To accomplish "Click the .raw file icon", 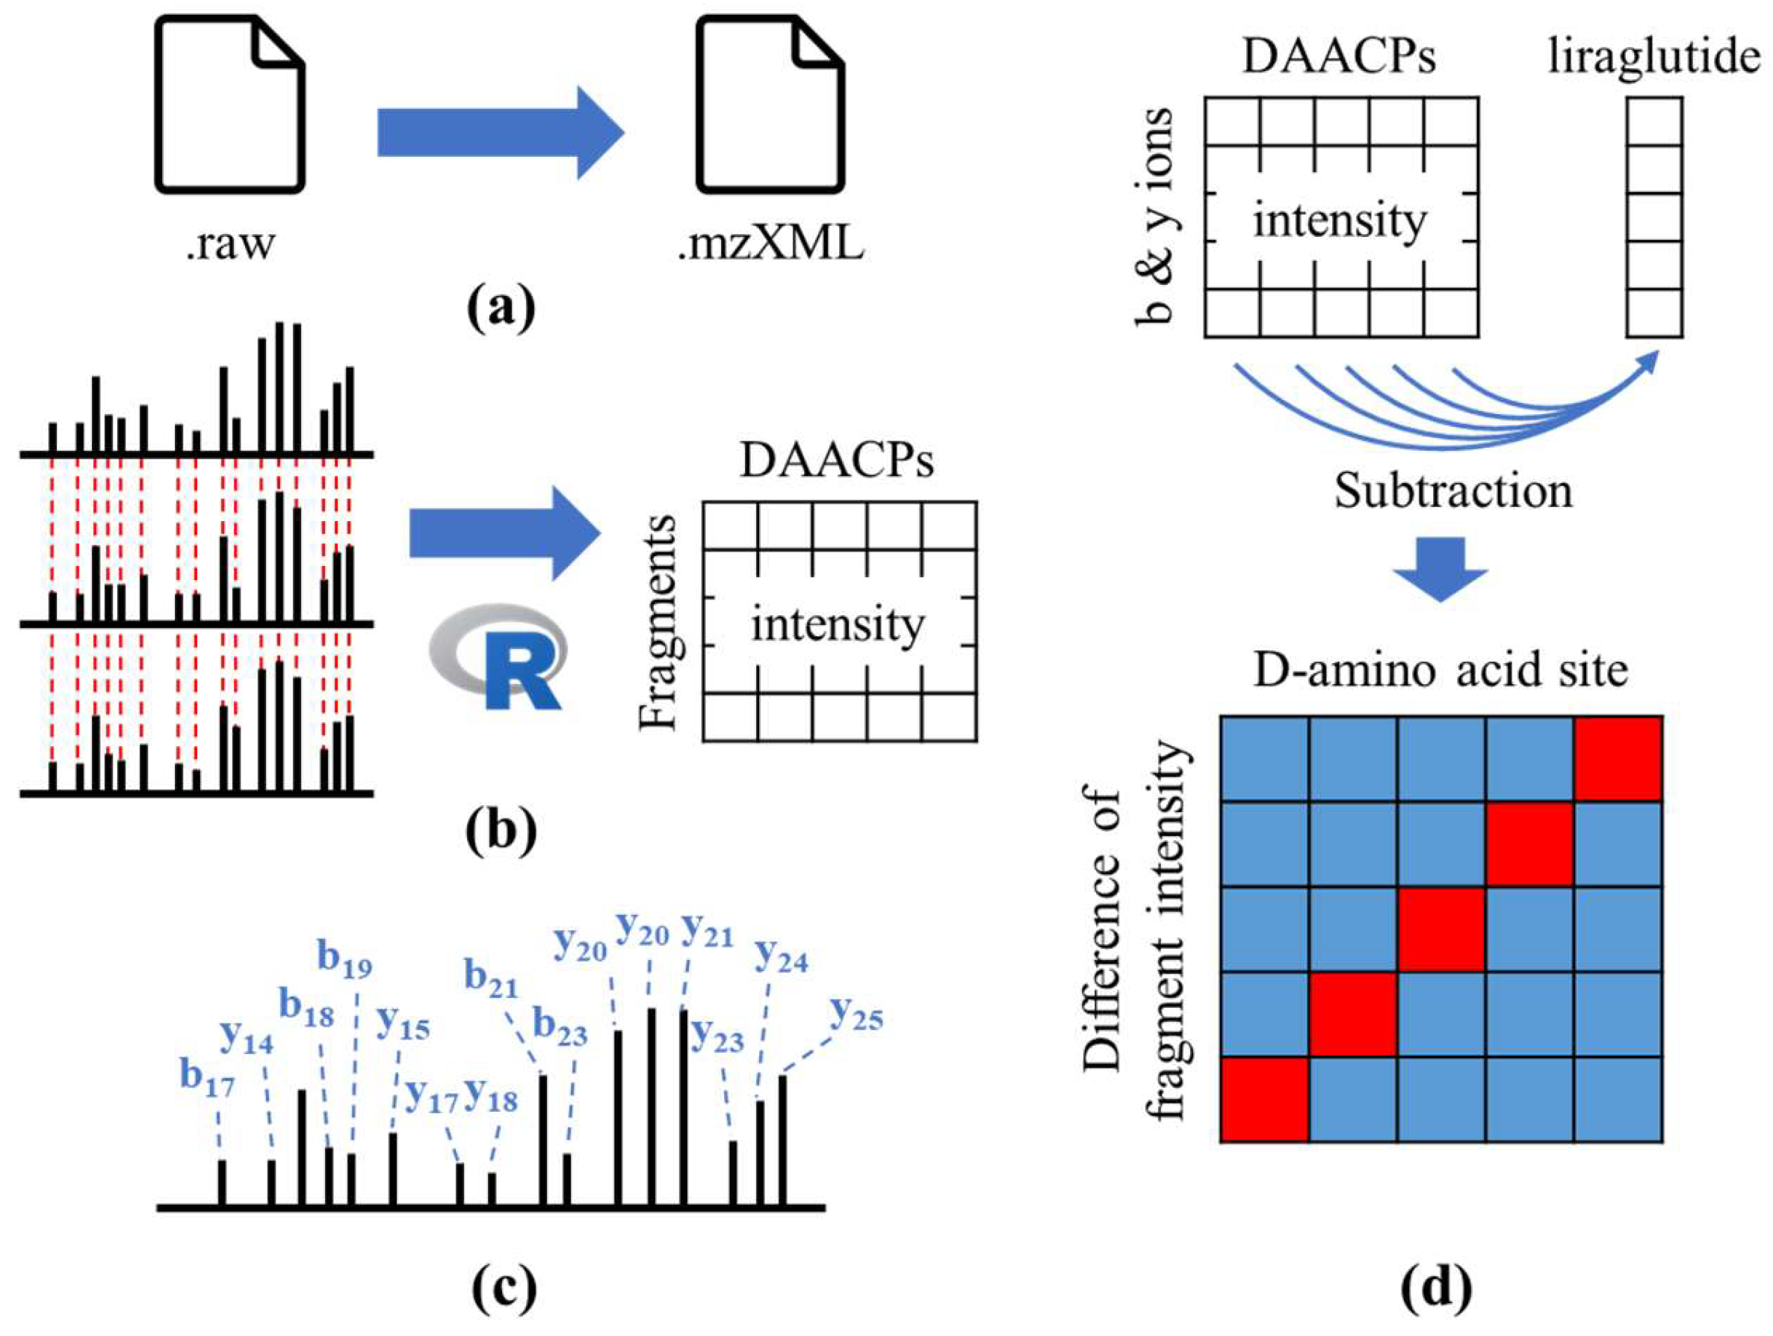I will [x=229, y=106].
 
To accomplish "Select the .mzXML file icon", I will [x=770, y=106].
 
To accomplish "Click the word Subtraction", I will [x=1452, y=490].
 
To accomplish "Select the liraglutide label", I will [x=1653, y=58].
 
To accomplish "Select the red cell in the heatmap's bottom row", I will [x=1264, y=1099].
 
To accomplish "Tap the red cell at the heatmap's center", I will [x=1441, y=929].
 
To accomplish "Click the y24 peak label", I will [x=782, y=956].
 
